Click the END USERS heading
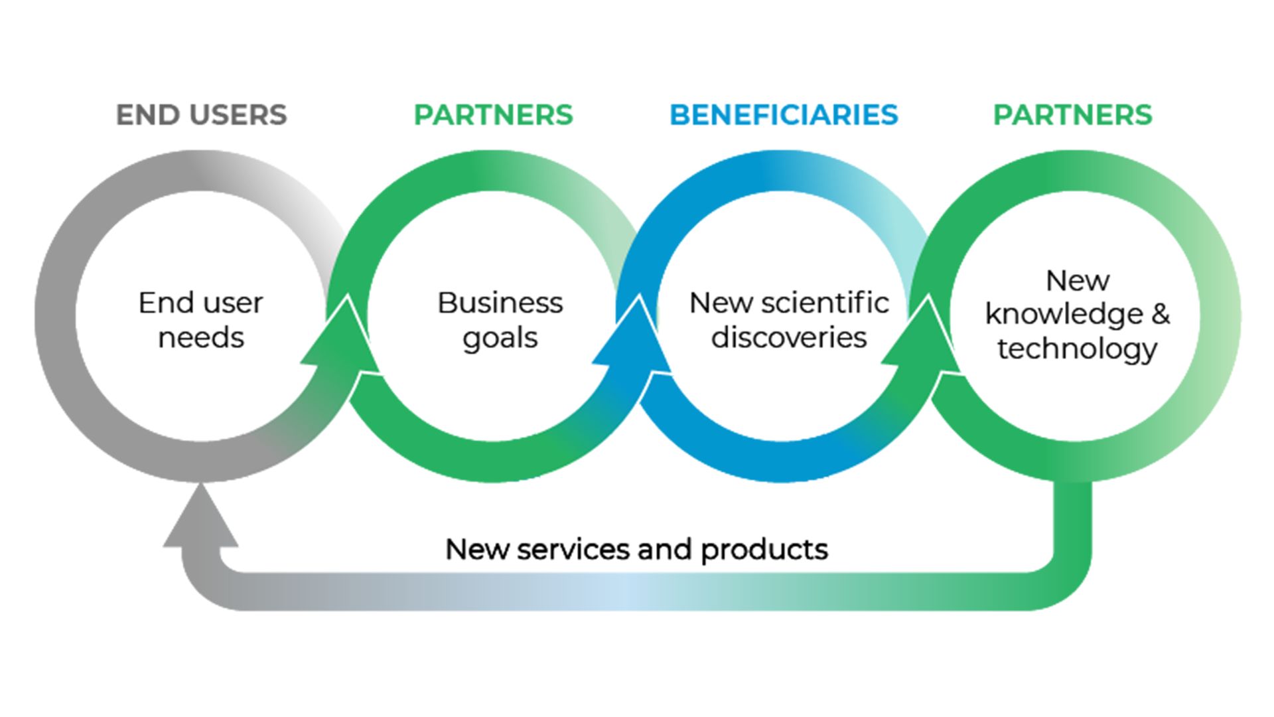click(201, 115)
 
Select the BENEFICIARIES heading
click(784, 115)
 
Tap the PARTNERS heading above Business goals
click(493, 115)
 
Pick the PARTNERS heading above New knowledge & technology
click(1072, 115)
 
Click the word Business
click(500, 303)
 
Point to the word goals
click(500, 339)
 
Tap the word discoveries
click(788, 337)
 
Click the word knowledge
click(1064, 314)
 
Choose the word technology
click(1076, 349)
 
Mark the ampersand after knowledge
click(1161, 314)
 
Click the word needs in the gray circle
click(201, 337)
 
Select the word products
click(764, 550)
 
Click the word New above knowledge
click(1077, 280)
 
